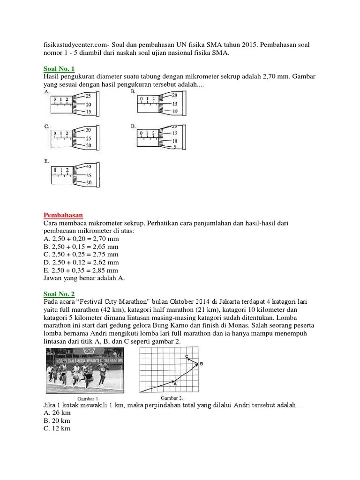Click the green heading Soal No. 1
59,68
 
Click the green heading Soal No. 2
59,294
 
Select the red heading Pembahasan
63,215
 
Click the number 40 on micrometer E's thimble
89,167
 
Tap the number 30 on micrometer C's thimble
89,130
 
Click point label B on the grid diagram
201,363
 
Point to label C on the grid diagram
187,356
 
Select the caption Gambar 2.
171,398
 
